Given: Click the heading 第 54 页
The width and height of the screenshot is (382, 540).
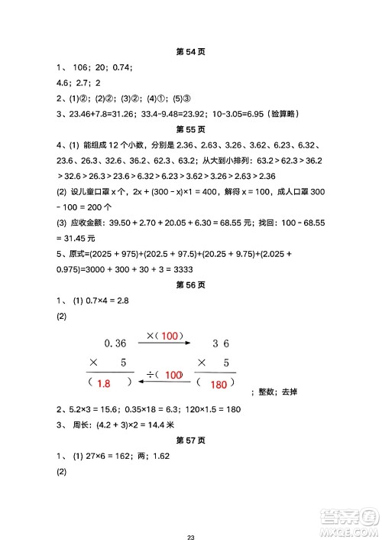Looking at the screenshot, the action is [191, 52].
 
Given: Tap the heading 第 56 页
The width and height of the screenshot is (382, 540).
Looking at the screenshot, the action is [191, 285].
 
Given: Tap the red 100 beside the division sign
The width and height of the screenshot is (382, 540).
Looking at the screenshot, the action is [173, 374].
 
